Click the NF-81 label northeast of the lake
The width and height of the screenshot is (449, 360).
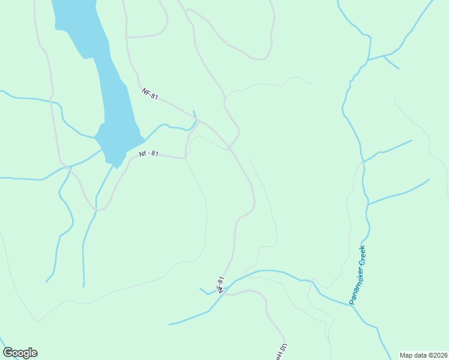pos(150,94)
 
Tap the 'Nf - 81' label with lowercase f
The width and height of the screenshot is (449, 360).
pos(148,154)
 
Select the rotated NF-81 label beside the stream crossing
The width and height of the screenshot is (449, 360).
pos(221,284)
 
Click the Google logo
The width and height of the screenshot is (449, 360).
pos(20,353)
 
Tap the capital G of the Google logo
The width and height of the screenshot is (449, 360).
pos(8,353)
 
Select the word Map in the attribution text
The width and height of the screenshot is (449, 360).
pos(407,355)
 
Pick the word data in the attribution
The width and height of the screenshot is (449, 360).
pos(421,355)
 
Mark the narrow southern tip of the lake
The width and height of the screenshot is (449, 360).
pos(115,166)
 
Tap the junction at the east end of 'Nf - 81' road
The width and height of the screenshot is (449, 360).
pos(185,158)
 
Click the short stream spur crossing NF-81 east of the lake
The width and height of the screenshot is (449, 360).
pos(195,115)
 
